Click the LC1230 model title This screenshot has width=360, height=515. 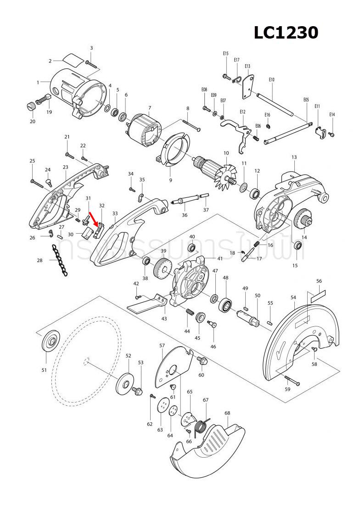coord(286,33)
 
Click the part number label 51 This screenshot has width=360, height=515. coord(44,370)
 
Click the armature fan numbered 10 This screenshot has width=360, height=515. coord(220,174)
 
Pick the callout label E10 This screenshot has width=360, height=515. coord(271,79)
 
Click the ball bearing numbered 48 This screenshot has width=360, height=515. coord(226,304)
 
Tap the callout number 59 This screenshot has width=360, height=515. coord(287,389)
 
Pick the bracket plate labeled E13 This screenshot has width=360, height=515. coord(248,87)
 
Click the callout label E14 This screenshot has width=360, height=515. coord(332,114)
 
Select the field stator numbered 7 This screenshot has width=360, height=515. coord(144,130)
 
